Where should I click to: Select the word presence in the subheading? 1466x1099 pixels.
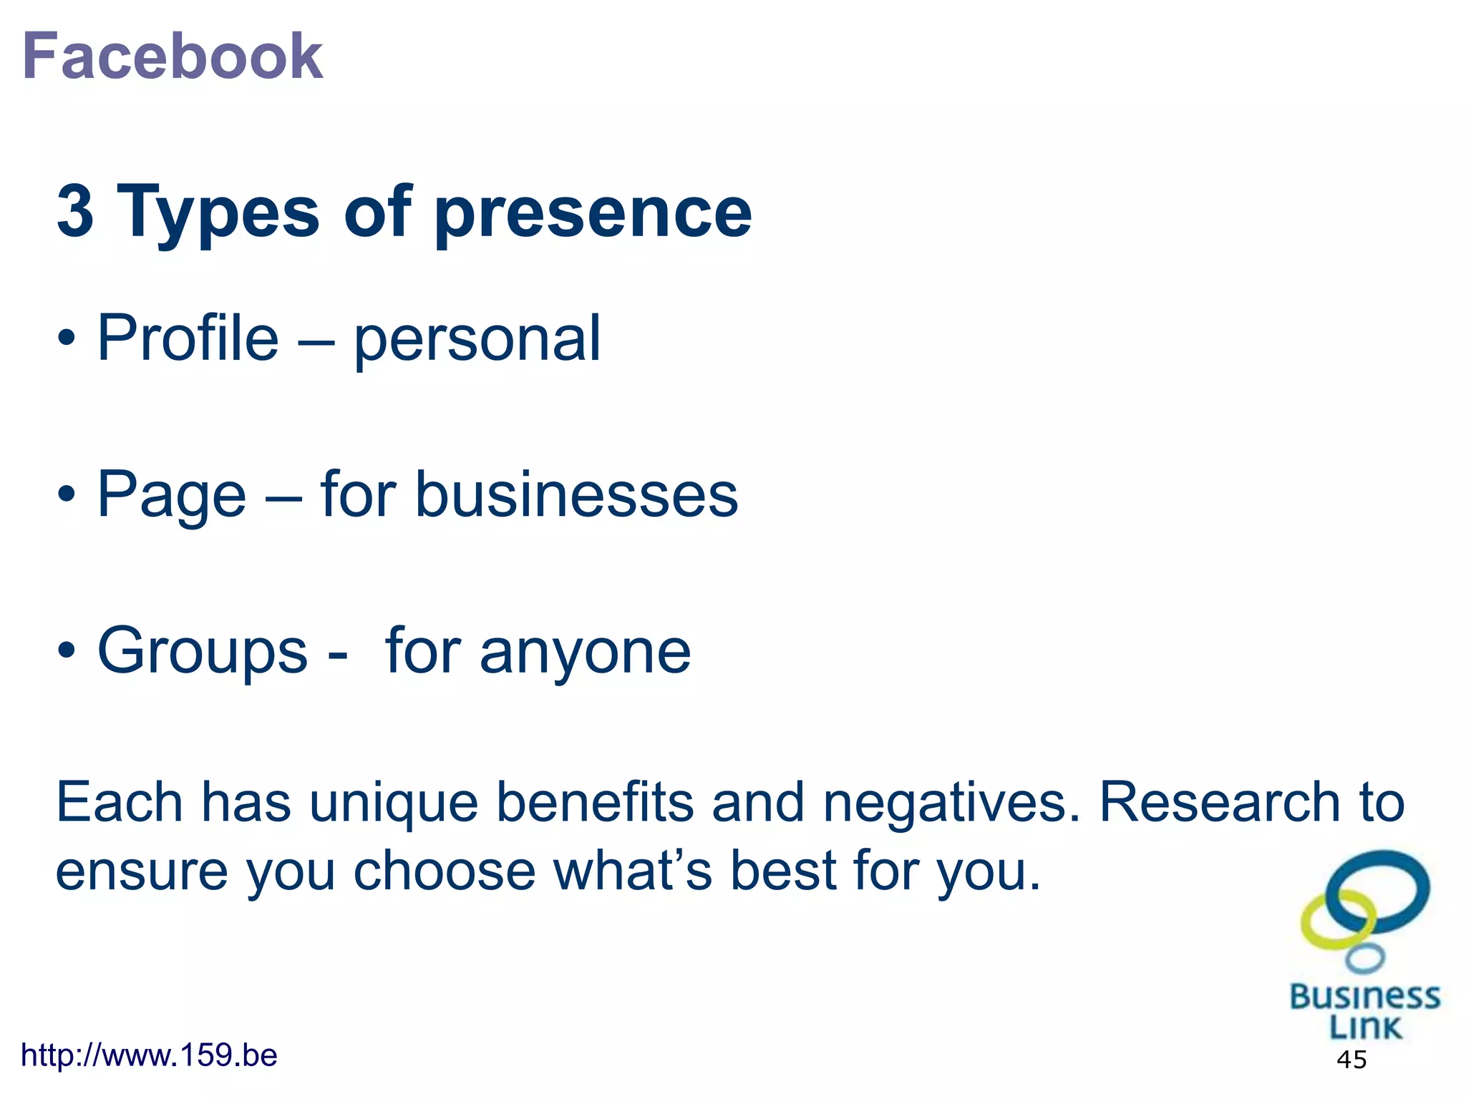pyautogui.click(x=593, y=213)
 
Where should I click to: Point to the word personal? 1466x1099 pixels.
pyautogui.click(x=477, y=341)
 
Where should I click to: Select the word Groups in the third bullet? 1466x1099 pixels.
pyautogui.click(x=203, y=652)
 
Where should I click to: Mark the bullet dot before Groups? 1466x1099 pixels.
pyautogui.click(x=67, y=650)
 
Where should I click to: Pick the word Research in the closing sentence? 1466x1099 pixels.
pyautogui.click(x=1219, y=802)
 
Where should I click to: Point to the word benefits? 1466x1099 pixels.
pyautogui.click(x=595, y=802)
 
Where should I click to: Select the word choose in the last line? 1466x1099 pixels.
pyautogui.click(x=445, y=872)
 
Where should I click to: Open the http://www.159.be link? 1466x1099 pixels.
pyautogui.click(x=149, y=1055)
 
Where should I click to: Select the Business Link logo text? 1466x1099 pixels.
pyautogui.click(x=1364, y=1011)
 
